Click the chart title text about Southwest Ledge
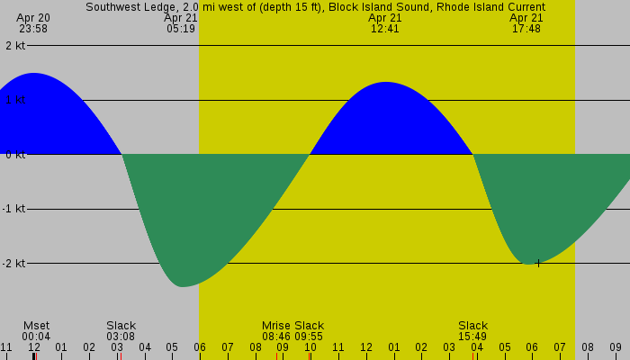pos(315,7)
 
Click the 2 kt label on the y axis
pos(14,46)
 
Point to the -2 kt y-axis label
pos(13,264)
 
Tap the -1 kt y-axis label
pos(13,209)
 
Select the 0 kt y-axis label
pos(14,155)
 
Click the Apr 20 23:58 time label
pos(33,23)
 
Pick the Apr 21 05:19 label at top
pos(181,23)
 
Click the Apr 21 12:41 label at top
pos(385,23)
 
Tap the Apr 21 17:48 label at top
pos(526,23)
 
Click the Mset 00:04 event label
pos(37,331)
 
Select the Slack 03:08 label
pos(121,331)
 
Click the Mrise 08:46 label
pos(276,331)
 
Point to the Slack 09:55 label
pos(309,331)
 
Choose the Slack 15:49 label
pos(472,331)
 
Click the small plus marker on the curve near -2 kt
pos(538,264)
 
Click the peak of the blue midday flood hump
pos(386,83)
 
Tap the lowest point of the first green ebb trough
pos(182,286)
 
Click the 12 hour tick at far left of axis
pos(33,347)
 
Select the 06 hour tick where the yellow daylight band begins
pos(200,347)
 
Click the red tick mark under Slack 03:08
pos(120,356)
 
